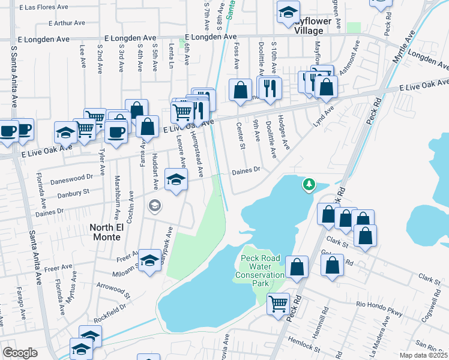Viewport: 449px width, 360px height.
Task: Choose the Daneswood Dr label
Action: [72, 178]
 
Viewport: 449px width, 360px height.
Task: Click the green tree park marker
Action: [309, 184]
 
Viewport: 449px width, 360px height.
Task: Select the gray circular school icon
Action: [155, 206]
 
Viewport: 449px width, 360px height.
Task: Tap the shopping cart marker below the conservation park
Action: [278, 303]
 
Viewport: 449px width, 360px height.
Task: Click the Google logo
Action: [20, 353]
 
